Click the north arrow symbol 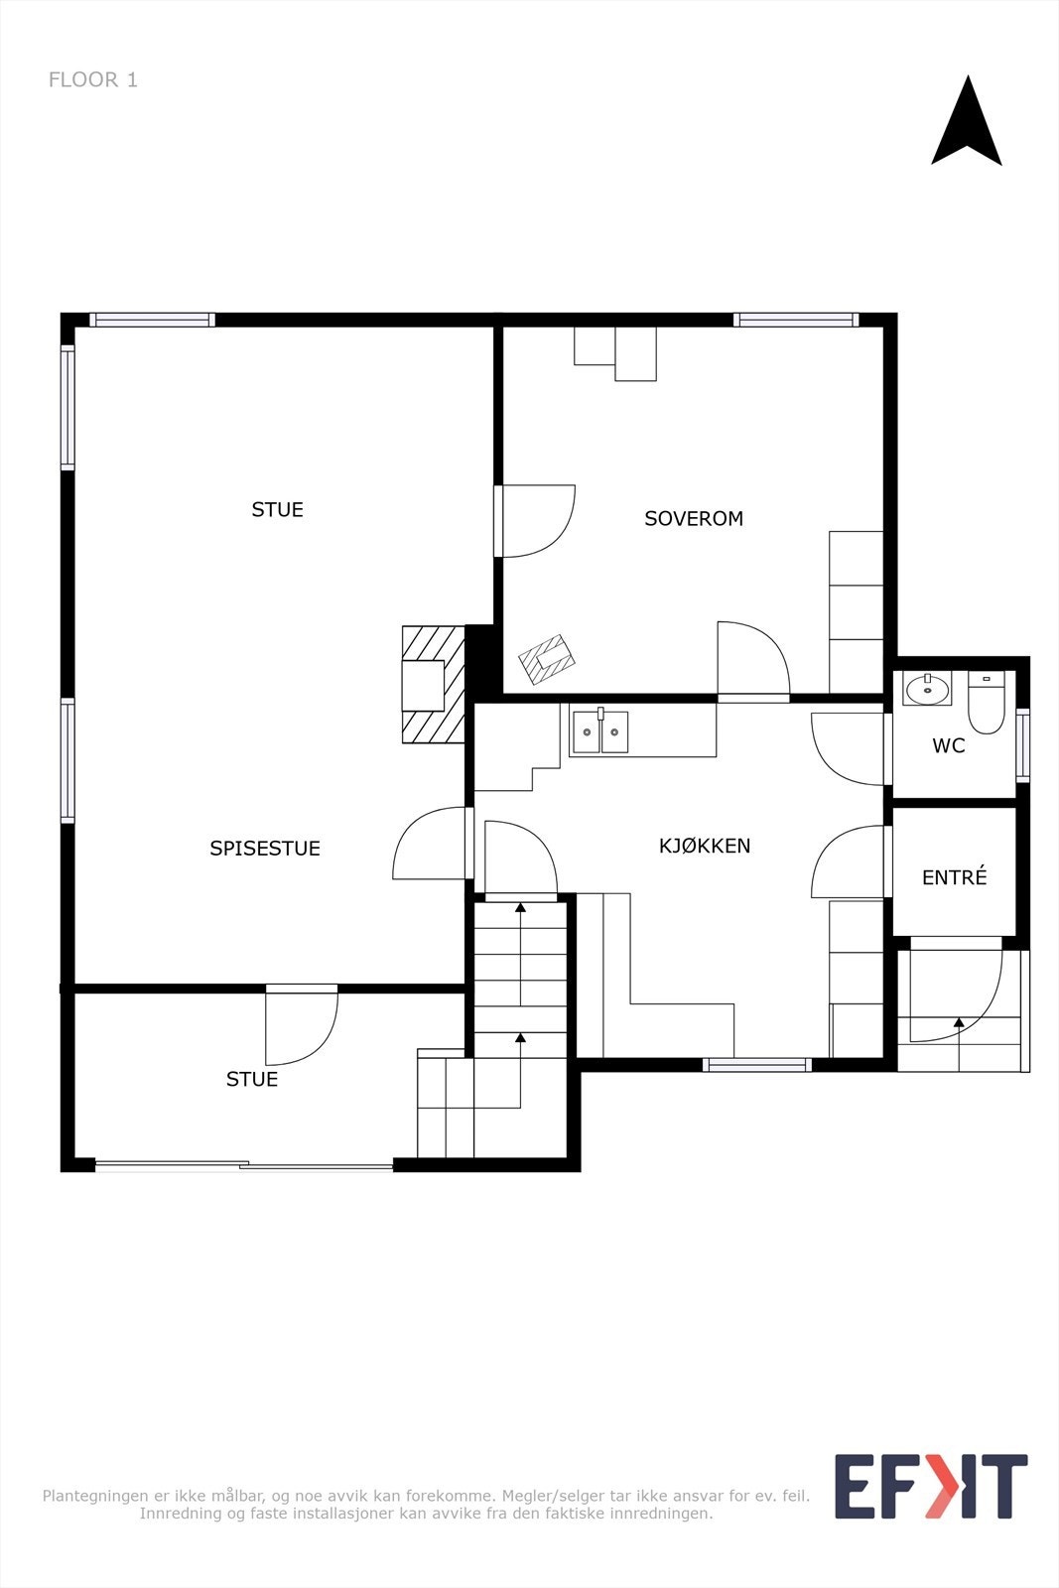tap(966, 123)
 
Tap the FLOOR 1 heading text tap(93, 80)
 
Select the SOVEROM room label tap(694, 518)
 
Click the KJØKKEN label tap(705, 846)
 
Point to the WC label tap(948, 746)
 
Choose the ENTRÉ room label tap(954, 877)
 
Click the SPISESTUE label tap(265, 849)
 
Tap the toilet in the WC tap(986, 702)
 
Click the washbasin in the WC tap(927, 688)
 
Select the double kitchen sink tap(600, 732)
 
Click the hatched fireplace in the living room tap(434, 684)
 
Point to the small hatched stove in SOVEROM tap(547, 659)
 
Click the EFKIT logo tap(930, 1486)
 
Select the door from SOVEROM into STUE tap(536, 521)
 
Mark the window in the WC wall tap(1023, 744)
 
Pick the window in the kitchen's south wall tap(757, 1065)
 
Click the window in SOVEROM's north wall tap(795, 320)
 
